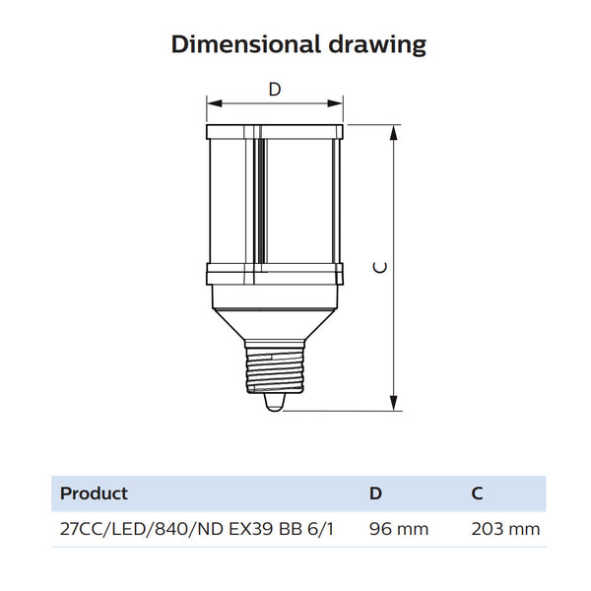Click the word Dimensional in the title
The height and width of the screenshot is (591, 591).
246,44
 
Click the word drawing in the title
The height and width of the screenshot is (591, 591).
377,45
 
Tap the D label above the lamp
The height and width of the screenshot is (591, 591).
275,90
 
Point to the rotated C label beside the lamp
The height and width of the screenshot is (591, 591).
379,267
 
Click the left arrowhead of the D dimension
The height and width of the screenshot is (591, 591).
215,103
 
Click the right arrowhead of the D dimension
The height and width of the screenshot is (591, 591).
335,103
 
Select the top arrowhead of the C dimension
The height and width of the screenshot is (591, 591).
394,132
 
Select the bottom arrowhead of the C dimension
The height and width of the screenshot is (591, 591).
394,403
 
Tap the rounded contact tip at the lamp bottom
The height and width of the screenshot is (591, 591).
274,402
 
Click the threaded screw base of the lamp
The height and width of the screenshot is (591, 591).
275,370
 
